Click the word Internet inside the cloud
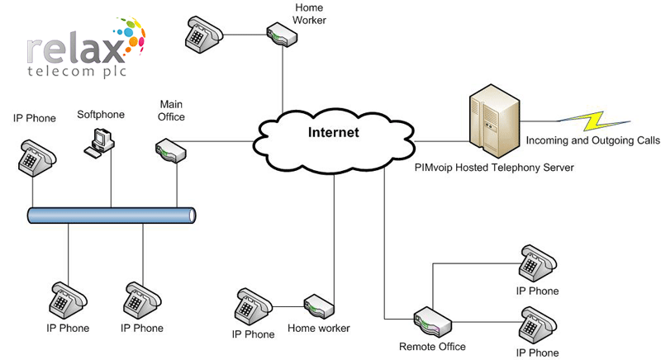(334, 132)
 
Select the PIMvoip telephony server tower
(494, 119)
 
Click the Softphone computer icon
(99, 143)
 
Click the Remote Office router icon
(432, 322)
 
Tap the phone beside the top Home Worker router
(204, 35)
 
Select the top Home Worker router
(282, 35)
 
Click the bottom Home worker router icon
(319, 306)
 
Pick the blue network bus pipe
(112, 216)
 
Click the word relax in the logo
(76, 50)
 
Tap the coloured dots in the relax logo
(131, 36)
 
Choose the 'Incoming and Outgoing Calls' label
(592, 140)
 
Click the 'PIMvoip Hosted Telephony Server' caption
(494, 168)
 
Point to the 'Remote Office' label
(432, 347)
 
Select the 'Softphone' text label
(101, 115)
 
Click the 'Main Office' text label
(171, 111)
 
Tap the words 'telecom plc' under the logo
(77, 71)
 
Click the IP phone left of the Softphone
(37, 159)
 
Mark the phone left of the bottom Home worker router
(254, 307)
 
